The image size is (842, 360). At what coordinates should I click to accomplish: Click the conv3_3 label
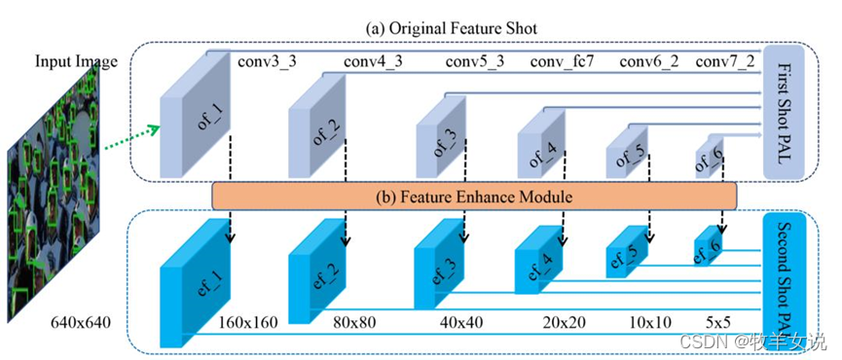(267, 63)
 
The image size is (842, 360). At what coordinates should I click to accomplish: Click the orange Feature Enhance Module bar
(475, 197)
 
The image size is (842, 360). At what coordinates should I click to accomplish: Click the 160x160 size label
(248, 322)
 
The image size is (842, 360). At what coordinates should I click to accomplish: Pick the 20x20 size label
(559, 322)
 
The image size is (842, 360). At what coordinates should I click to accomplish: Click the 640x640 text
(81, 323)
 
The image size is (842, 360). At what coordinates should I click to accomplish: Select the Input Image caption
(76, 61)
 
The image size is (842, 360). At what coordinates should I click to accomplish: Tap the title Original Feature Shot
(451, 28)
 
